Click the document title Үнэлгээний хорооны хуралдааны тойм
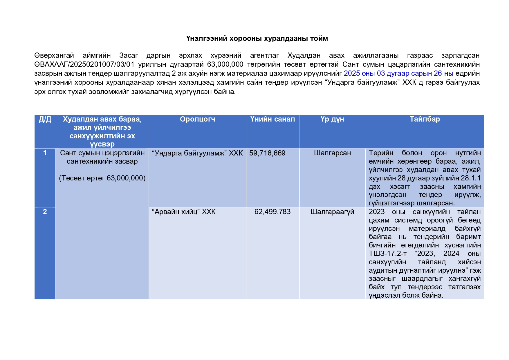[257, 39]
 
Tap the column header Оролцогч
[197, 119]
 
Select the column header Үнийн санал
[272, 119]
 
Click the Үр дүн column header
[332, 119]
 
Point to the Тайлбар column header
[425, 119]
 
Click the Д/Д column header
[45, 119]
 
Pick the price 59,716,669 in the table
[267, 153]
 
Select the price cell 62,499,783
[272, 212]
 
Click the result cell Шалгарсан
[332, 153]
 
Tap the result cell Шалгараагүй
[332, 212]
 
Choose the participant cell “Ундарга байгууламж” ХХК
[197, 153]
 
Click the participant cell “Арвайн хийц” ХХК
[184, 212]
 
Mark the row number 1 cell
[45, 153]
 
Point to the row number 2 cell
[45, 212]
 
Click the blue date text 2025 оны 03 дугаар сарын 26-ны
[398, 74]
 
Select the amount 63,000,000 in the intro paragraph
[225, 64]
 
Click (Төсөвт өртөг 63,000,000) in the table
[102, 178]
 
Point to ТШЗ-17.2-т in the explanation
[388, 254]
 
